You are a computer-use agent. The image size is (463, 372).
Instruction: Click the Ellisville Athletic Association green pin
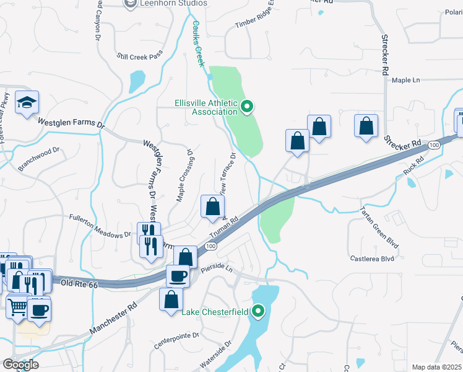247,108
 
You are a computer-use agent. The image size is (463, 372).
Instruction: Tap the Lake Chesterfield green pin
258,311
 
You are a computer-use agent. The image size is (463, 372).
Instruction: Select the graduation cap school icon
27,103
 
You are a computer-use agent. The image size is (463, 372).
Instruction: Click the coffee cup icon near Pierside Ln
178,275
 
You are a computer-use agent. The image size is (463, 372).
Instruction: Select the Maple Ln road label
405,81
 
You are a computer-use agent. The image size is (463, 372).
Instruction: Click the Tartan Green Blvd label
377,229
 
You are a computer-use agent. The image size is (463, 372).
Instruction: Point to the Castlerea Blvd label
372,258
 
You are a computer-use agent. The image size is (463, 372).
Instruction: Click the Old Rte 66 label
80,284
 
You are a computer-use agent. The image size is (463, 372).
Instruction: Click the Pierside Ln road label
216,270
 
